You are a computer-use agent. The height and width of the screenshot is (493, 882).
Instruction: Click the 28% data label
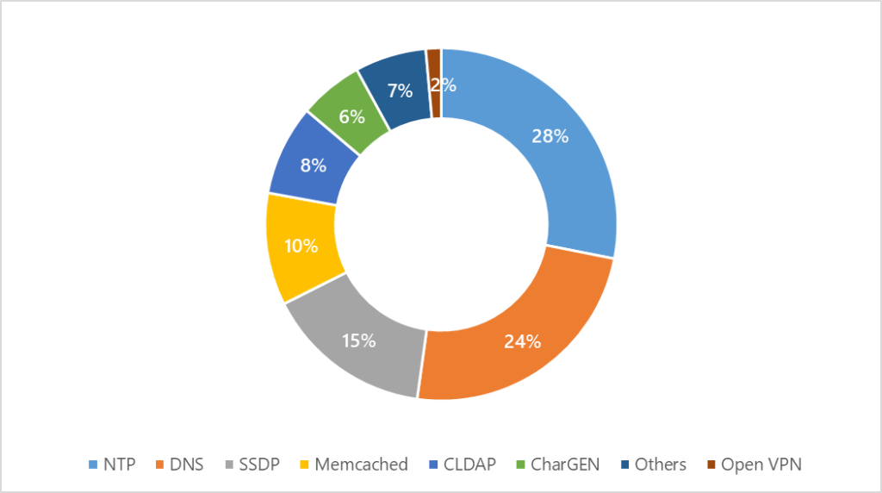(550, 136)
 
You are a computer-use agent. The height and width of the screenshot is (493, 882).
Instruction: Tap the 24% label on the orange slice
(522, 341)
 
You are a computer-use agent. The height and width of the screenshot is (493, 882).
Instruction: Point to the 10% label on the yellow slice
(301, 246)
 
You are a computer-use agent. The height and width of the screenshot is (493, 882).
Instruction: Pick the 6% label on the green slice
(351, 116)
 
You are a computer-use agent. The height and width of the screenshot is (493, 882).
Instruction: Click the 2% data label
(444, 85)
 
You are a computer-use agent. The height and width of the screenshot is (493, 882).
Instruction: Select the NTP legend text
(119, 465)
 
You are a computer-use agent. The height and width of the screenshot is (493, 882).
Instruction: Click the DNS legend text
(187, 465)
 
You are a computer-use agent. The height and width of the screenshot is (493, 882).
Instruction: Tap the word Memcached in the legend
(361, 465)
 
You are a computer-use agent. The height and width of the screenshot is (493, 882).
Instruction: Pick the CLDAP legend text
(470, 465)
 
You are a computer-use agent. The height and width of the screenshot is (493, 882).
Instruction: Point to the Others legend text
(661, 465)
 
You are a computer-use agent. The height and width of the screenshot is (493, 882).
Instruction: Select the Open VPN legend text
(761, 465)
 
